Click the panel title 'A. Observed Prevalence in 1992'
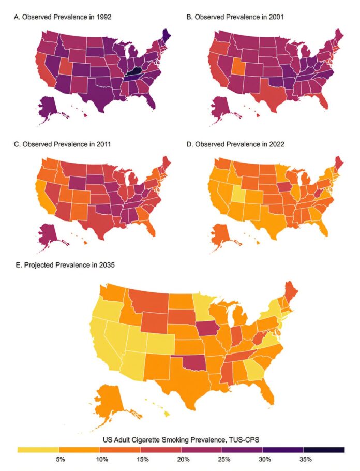[63, 17]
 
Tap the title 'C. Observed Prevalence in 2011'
[63, 145]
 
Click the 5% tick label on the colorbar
[58, 459]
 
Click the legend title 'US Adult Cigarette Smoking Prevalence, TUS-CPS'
[180, 440]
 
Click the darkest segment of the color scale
[324, 449]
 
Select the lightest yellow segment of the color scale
[38, 449]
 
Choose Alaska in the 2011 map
[48, 232]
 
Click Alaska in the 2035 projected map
[110, 401]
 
